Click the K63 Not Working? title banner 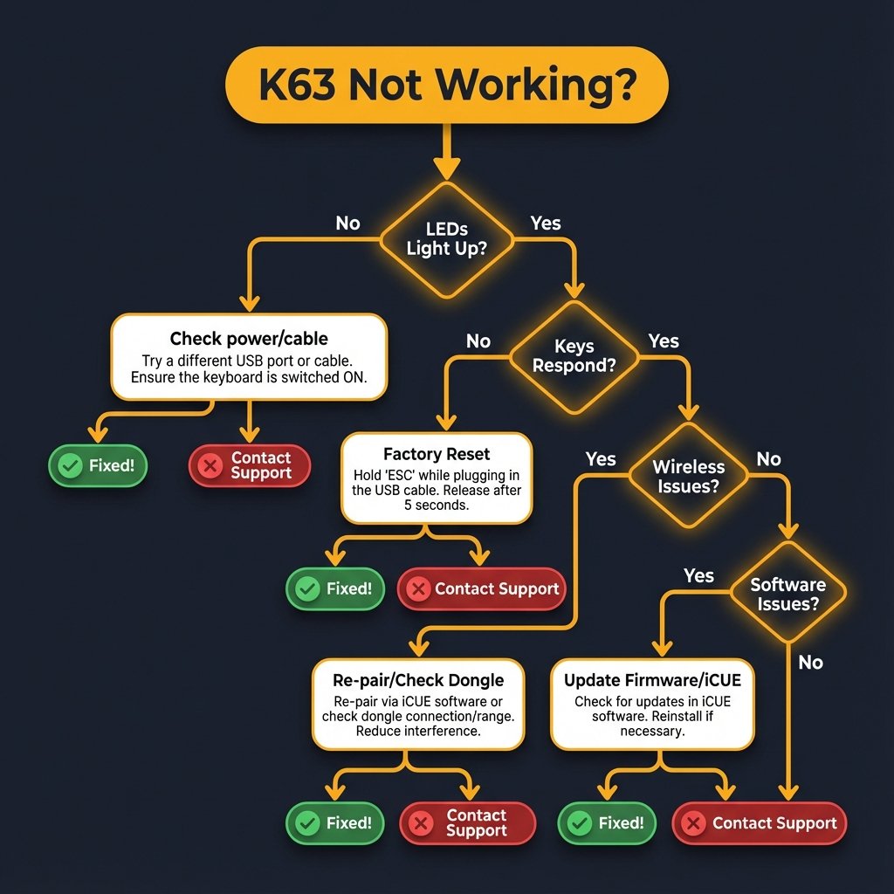tap(446, 84)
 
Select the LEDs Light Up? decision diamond tap(447, 237)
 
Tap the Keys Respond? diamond tap(574, 355)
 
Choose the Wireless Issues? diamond tap(690, 476)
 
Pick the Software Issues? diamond tap(787, 594)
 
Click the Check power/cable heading tap(249, 339)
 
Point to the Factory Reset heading tap(437, 454)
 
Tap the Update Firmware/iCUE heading tap(652, 680)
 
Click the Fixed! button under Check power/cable tap(97, 466)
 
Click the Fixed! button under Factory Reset tap(335, 589)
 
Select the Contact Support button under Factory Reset tap(482, 589)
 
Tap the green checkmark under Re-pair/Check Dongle tap(307, 822)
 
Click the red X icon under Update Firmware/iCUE tap(693, 823)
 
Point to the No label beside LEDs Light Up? tap(347, 223)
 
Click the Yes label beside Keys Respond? tap(664, 341)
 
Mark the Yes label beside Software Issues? tap(698, 576)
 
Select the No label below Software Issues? tap(810, 663)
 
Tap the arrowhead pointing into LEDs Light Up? tap(447, 171)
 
